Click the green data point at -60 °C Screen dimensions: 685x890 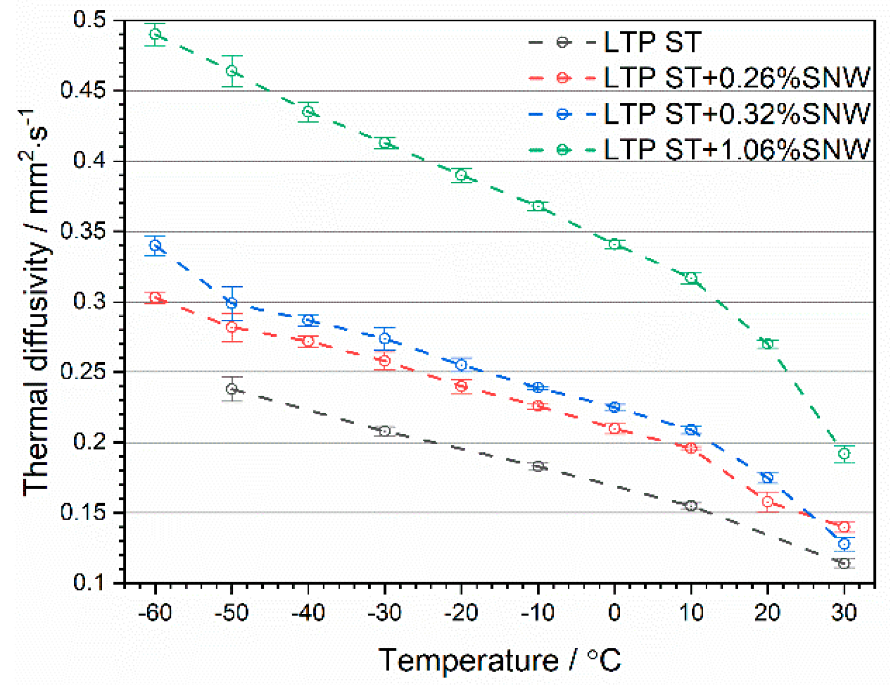(x=155, y=35)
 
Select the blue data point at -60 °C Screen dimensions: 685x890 (x=155, y=245)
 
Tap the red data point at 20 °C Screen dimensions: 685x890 (x=767, y=502)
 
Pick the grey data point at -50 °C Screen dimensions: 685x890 (x=232, y=389)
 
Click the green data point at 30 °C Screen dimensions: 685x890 (x=844, y=454)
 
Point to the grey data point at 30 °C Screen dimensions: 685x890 (x=844, y=563)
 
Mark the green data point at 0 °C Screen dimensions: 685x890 (x=614, y=244)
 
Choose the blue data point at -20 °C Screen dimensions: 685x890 (x=461, y=365)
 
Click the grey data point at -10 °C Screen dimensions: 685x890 (x=537, y=466)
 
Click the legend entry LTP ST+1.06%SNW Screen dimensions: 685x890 (x=737, y=149)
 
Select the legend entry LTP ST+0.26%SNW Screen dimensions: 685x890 (x=737, y=77)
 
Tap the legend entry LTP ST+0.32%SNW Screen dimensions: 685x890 (x=737, y=114)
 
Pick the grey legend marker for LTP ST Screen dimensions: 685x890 (x=562, y=42)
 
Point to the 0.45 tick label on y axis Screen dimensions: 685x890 (x=83, y=90)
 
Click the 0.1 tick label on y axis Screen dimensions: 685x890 (x=89, y=583)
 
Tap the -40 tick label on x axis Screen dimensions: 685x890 (x=308, y=613)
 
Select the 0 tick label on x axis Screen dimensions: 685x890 (x=614, y=613)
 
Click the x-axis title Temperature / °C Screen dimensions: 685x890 (x=499, y=660)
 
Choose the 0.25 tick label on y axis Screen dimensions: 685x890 (x=83, y=371)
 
